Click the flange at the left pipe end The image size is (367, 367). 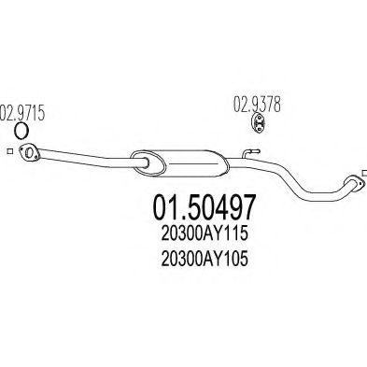pos(30,154)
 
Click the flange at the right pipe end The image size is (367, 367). pos(353,184)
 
